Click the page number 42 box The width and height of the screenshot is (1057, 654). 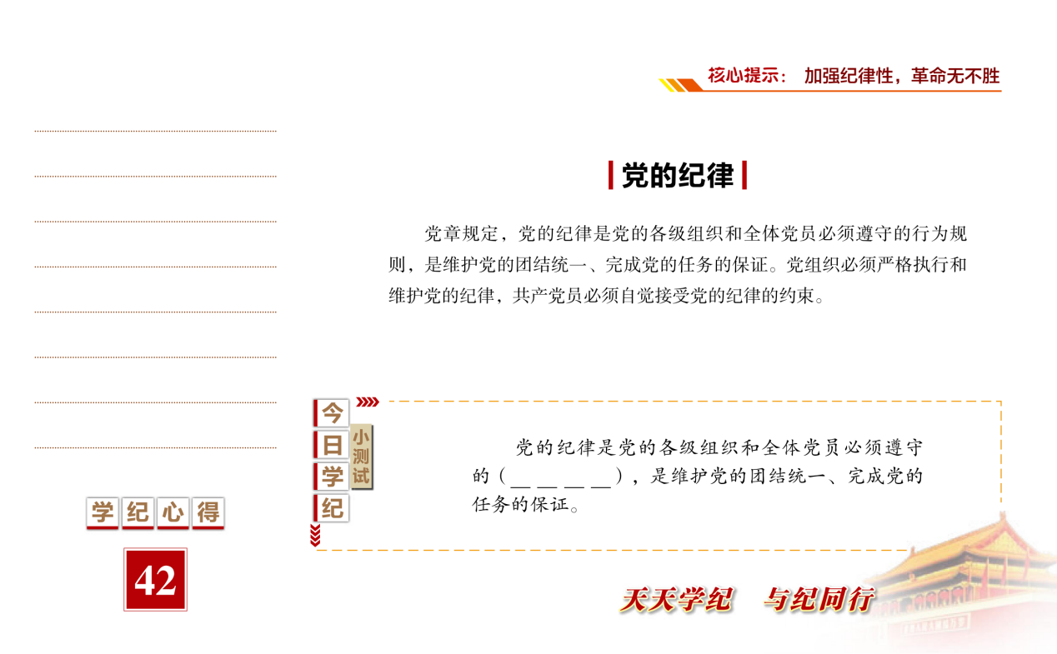[x=155, y=579]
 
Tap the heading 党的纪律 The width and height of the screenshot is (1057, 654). [x=678, y=176]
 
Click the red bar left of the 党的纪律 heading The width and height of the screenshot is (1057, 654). [x=610, y=176]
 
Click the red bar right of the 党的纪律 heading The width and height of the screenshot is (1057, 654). [x=744, y=176]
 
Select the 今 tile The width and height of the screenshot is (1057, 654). [x=331, y=413]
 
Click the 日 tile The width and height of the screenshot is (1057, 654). [x=331, y=445]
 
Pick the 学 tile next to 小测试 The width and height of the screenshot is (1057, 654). [x=331, y=477]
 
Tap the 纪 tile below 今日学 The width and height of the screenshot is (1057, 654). [x=331, y=508]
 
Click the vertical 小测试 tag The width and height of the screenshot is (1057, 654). [x=362, y=457]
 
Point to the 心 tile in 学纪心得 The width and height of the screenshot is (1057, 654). [x=173, y=512]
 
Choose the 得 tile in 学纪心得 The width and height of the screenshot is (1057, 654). [x=208, y=512]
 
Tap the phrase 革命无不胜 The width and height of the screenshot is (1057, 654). [x=955, y=76]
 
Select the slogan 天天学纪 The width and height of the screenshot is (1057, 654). [x=677, y=600]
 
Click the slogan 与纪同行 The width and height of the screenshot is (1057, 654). [x=819, y=600]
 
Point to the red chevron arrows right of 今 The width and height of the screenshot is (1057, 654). [x=368, y=402]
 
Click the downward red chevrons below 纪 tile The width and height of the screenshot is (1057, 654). [x=315, y=535]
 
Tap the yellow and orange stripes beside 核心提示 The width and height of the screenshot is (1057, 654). [x=680, y=85]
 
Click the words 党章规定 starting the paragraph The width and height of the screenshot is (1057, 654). [x=461, y=233]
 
